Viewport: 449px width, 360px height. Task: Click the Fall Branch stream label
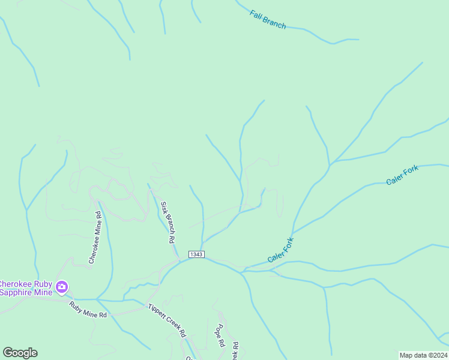(x=268, y=19)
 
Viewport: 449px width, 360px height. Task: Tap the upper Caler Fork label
(x=402, y=175)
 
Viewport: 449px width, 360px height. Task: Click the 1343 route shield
(x=196, y=254)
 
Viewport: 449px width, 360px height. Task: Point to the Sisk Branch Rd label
(x=167, y=221)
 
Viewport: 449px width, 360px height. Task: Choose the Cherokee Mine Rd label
(x=95, y=237)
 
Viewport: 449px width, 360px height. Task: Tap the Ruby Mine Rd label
(x=88, y=310)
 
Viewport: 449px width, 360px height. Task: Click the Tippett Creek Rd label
(x=167, y=320)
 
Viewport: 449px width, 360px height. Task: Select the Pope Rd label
(x=220, y=336)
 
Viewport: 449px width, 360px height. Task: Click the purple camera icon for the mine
(x=61, y=288)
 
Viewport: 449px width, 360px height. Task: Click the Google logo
(x=20, y=353)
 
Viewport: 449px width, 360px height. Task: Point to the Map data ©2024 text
(x=423, y=355)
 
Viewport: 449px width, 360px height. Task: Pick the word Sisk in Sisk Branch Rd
(x=164, y=208)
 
